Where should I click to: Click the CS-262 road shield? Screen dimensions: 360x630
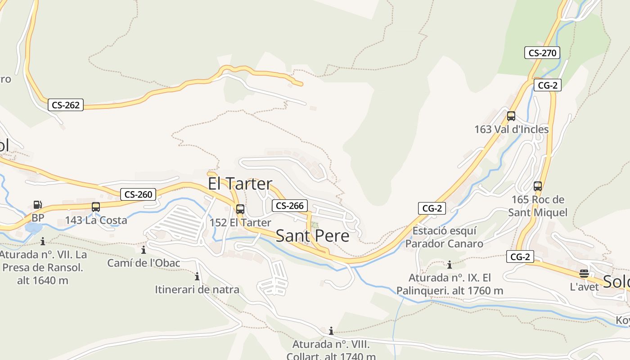(66, 105)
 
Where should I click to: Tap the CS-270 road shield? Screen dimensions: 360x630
(542, 53)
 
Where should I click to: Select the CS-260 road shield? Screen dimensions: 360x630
(138, 194)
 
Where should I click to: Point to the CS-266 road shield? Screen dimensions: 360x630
(289, 206)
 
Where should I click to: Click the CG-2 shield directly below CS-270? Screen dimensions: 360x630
(548, 85)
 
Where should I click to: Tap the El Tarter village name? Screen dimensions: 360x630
(240, 184)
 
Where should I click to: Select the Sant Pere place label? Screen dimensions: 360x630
(312, 236)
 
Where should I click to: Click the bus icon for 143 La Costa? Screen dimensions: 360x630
(96, 207)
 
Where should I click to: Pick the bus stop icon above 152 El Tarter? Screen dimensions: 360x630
(240, 209)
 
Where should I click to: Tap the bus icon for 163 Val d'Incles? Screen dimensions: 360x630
(511, 116)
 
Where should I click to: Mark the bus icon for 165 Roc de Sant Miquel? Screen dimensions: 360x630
(538, 186)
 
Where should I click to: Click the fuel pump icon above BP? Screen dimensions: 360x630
(38, 205)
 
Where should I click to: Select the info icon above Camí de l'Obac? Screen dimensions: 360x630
(144, 250)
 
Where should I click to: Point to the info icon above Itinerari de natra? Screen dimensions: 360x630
(197, 276)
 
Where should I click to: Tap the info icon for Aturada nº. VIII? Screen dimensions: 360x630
(331, 331)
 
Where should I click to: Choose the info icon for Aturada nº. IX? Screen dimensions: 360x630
(449, 265)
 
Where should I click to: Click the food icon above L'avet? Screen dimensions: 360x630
(584, 273)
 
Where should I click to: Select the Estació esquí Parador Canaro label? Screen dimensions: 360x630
(444, 237)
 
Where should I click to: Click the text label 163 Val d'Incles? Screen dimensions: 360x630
(511, 129)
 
